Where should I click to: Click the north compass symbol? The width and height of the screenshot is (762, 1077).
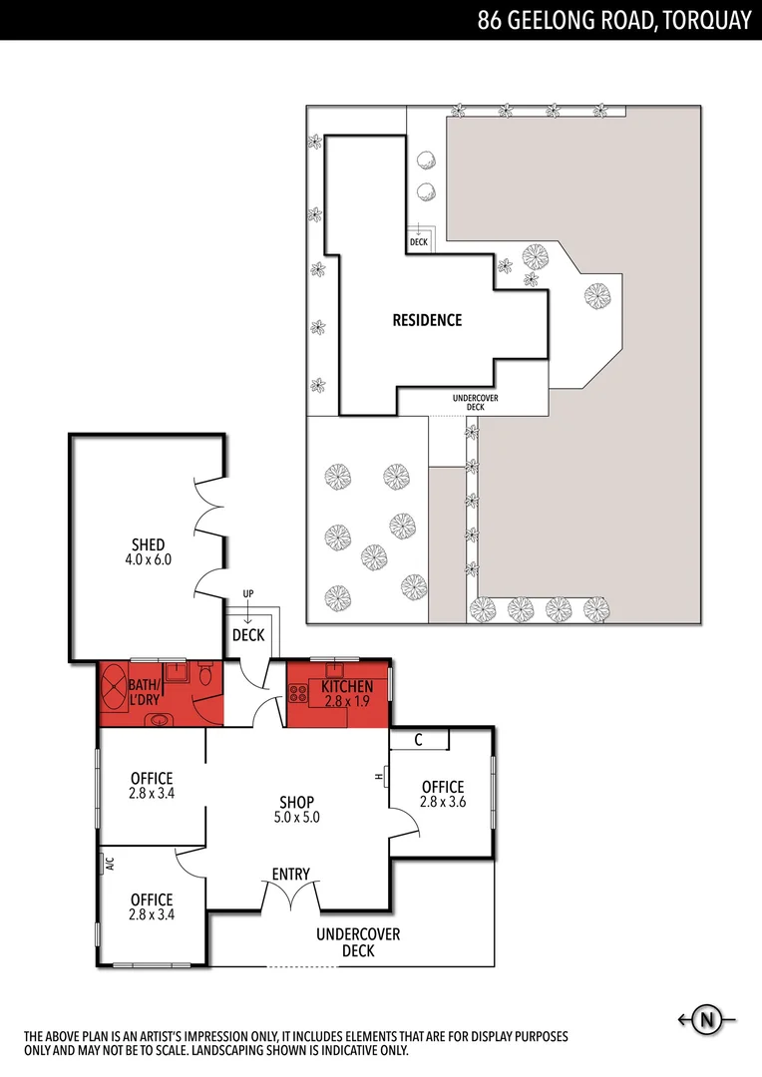708,1019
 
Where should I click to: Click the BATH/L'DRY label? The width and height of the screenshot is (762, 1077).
150,692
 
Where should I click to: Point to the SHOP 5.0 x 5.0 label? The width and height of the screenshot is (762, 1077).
296,809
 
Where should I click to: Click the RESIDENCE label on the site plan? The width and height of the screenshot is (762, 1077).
427,320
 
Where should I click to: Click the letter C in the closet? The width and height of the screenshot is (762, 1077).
418,739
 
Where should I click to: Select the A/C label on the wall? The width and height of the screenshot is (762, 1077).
109,865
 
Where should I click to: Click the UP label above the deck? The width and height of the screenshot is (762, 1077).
248,594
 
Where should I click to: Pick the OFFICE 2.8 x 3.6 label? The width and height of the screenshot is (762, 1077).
443,794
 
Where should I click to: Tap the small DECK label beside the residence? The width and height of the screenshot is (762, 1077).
418,241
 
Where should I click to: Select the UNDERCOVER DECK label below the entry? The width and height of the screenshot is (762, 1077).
358,942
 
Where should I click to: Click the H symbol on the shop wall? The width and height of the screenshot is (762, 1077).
380,778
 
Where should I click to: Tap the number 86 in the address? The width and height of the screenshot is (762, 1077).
490,21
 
